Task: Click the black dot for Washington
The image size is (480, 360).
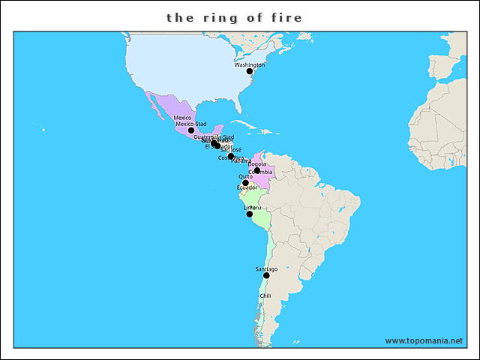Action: [x=250, y=71]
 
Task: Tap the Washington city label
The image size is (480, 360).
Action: [x=250, y=64]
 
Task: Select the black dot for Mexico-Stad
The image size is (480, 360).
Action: [x=191, y=130]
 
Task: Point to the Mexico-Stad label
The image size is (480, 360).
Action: [x=190, y=124]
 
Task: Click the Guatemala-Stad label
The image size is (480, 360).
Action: [x=214, y=137]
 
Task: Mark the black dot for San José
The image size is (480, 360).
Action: [x=231, y=157]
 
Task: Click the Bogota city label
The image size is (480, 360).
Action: [x=257, y=163]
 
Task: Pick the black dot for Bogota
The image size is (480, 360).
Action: [x=257, y=170]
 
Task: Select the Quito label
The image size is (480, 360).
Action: [x=245, y=176]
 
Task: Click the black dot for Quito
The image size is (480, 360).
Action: [x=245, y=183]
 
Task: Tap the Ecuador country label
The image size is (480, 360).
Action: [x=247, y=187]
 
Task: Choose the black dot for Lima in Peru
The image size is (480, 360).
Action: [x=250, y=214]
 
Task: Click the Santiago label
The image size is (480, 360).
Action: [x=266, y=268]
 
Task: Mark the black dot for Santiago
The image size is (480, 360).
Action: [x=266, y=275]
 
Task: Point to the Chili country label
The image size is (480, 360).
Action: [x=265, y=295]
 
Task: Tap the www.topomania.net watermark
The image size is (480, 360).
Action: [x=424, y=340]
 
